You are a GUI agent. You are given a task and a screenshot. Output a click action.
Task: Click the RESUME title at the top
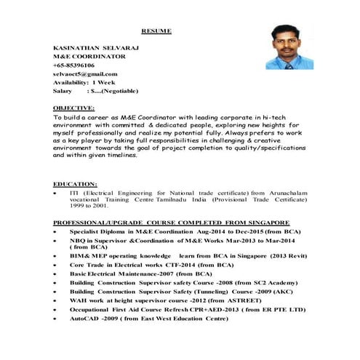(x=156, y=31)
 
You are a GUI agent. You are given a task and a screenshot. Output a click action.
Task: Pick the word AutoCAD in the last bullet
(x=84, y=318)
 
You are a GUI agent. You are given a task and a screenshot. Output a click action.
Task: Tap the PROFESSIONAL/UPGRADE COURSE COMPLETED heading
(x=172, y=222)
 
